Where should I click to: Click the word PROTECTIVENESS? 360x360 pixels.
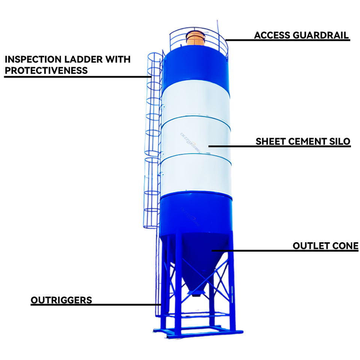[46, 70]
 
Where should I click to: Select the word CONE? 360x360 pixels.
[345, 246]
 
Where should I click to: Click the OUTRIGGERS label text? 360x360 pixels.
[61, 300]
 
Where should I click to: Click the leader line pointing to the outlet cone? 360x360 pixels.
[285, 251]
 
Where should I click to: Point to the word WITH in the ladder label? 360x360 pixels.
[118, 59]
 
